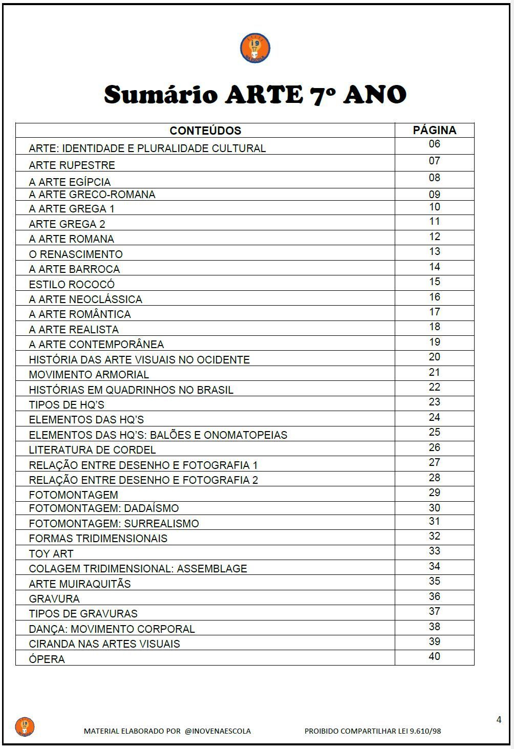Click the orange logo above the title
[x=255, y=49]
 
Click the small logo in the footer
[x=25, y=726]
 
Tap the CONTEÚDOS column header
[x=205, y=131]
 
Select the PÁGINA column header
[x=434, y=130]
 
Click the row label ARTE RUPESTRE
[x=72, y=165]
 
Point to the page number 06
[x=434, y=144]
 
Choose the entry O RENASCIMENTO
[x=76, y=254]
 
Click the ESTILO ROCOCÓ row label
[x=72, y=285]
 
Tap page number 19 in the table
[x=434, y=342]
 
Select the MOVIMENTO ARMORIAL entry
[x=89, y=375]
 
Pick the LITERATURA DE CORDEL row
[x=92, y=450]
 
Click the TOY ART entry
[x=51, y=554]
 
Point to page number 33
[x=434, y=551]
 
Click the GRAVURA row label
[x=54, y=599]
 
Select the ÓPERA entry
[x=47, y=659]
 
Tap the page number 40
[x=434, y=656]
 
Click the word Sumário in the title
[x=161, y=95]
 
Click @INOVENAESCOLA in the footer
[x=218, y=731]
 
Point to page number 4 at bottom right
[x=499, y=720]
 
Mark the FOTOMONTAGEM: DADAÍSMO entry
[x=103, y=508]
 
